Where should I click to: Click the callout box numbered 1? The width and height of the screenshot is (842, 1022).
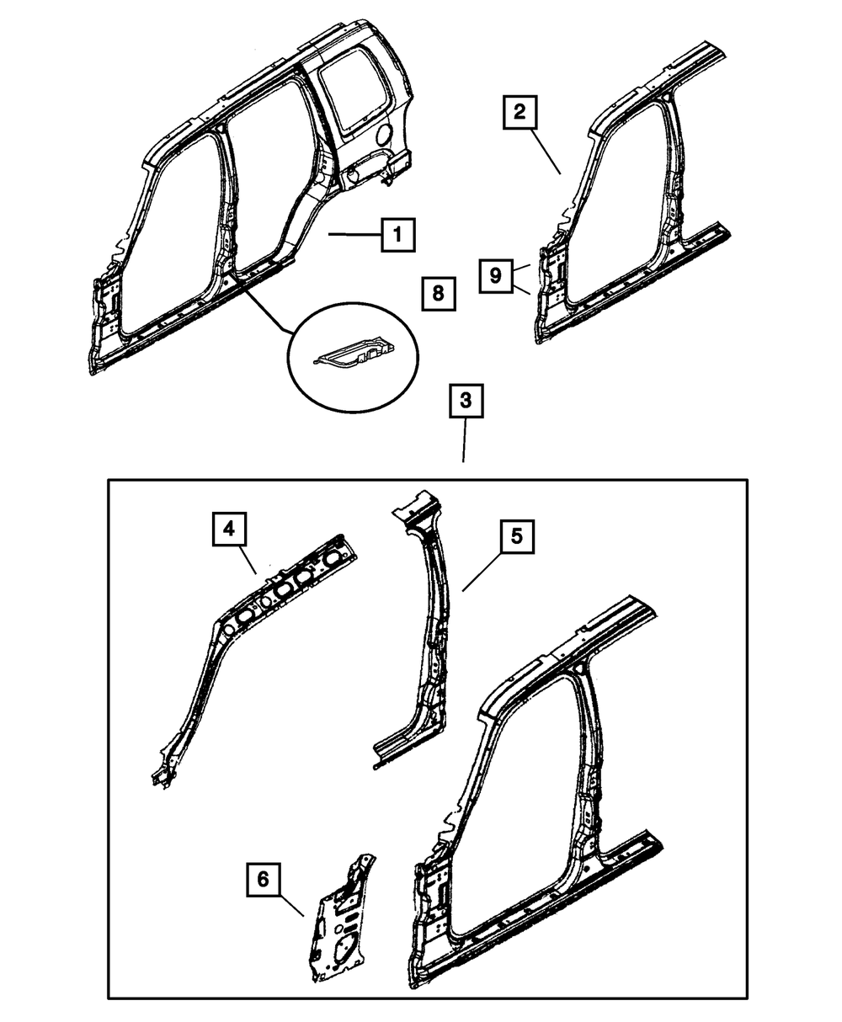[x=397, y=235]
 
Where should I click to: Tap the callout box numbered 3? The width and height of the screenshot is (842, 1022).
[x=465, y=403]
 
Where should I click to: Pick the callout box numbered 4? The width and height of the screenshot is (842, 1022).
[x=228, y=530]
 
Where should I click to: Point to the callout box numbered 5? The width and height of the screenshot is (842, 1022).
[x=516, y=536]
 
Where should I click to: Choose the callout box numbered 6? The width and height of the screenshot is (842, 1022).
[x=263, y=880]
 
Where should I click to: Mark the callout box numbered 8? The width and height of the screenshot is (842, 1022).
[x=437, y=294]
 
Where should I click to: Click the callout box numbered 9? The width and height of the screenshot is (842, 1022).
[x=496, y=275]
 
